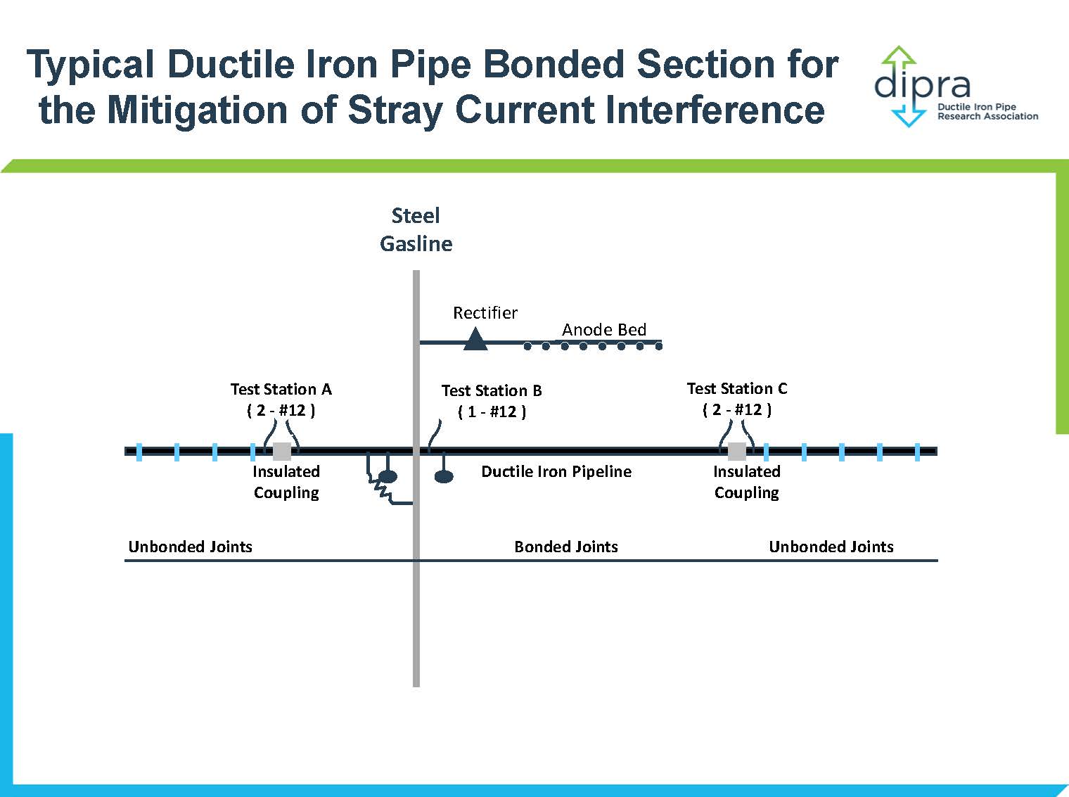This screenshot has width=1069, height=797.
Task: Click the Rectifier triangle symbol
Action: point(475,339)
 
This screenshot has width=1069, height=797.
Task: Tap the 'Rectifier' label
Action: point(485,313)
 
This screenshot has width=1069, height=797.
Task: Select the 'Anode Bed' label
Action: point(604,330)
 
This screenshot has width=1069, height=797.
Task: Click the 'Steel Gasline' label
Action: point(416,229)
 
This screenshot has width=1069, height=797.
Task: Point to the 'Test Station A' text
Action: point(281,389)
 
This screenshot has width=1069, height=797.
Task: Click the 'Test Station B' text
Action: point(492,390)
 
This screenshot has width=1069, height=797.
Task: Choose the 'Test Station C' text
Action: point(737,388)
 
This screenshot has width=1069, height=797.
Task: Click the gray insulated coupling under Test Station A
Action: point(282,452)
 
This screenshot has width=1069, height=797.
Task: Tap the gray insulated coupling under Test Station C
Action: point(737,452)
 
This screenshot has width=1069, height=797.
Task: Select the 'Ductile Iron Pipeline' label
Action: point(556,471)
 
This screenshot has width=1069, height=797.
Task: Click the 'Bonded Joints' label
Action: point(566,547)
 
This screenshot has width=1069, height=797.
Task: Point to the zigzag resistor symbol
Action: point(383,490)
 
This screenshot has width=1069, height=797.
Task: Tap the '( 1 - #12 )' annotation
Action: point(492,412)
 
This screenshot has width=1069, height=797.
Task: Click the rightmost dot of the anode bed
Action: point(658,346)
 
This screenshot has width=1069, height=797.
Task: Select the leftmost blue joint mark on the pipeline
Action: point(139,452)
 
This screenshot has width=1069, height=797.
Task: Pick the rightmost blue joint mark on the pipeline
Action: point(918,452)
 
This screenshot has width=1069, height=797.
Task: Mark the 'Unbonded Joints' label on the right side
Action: point(831,547)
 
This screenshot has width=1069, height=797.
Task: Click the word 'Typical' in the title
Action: point(90,64)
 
